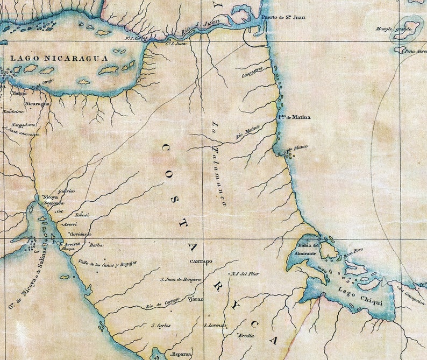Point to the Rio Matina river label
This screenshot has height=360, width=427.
tap(248, 132)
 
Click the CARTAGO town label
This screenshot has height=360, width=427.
tap(201, 262)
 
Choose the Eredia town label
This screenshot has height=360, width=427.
tap(246, 335)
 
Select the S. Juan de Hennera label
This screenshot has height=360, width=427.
tap(181, 280)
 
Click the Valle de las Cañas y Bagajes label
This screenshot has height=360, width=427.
tap(108, 263)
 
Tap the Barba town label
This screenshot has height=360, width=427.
tap(96, 245)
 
